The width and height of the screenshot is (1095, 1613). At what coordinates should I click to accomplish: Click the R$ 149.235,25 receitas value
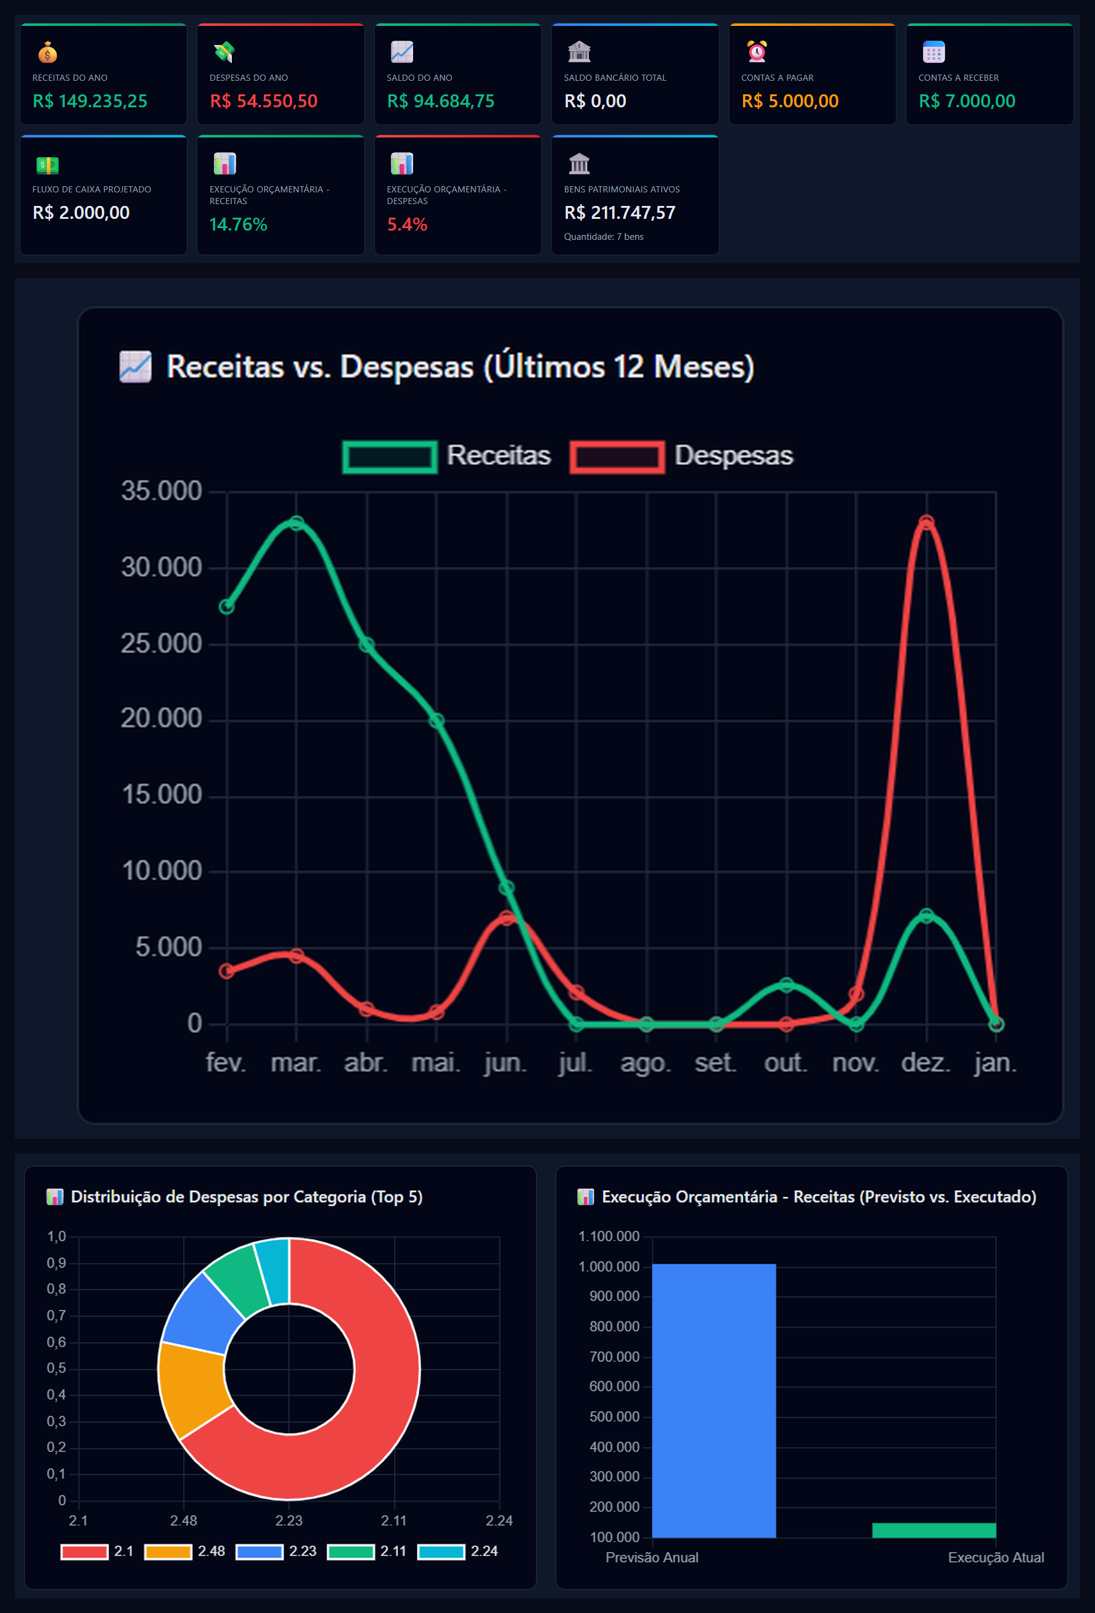tap(90, 101)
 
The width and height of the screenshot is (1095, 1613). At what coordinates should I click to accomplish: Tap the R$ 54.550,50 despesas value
tap(264, 101)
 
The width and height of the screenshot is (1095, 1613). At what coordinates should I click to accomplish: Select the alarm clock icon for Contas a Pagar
tap(757, 51)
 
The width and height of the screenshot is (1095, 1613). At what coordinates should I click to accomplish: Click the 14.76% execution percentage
tap(238, 224)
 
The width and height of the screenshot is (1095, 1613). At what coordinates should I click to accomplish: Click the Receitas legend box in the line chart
tap(390, 457)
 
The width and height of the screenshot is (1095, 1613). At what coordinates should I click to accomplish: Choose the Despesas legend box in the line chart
tap(617, 457)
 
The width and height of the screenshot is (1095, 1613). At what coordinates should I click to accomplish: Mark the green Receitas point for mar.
tap(297, 523)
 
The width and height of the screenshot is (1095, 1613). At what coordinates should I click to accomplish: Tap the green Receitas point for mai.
tap(437, 720)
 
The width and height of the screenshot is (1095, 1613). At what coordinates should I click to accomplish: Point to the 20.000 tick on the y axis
tap(162, 718)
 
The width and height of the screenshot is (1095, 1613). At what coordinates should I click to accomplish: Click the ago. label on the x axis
tap(646, 1062)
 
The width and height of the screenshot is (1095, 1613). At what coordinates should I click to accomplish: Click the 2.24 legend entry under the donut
tap(458, 1551)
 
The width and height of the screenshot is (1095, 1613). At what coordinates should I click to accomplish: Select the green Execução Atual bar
tap(933, 1530)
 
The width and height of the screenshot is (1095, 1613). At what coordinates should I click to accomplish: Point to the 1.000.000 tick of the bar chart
tap(609, 1266)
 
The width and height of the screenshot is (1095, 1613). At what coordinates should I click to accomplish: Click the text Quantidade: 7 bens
tap(604, 237)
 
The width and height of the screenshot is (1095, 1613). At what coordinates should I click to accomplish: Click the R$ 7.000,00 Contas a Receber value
tap(967, 101)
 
